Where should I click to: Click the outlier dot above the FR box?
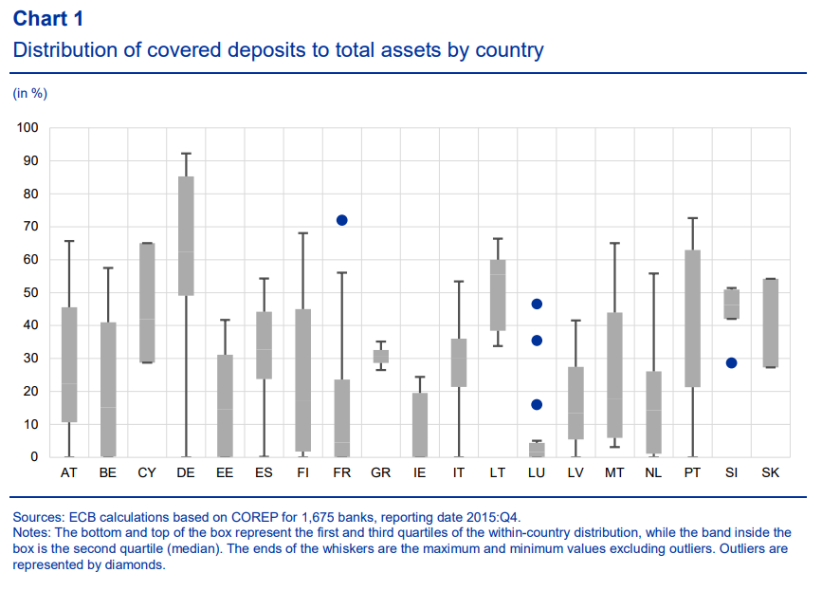342,220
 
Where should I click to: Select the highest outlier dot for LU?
537,305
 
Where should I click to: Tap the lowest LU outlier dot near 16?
537,404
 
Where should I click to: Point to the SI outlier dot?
731,363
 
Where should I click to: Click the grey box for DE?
186,236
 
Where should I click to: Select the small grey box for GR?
381,357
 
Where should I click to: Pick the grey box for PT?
692,319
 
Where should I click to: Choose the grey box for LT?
498,295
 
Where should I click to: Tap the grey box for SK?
770,323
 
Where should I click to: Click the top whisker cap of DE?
186,154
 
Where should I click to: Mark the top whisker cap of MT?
614,243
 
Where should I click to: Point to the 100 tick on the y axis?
27,127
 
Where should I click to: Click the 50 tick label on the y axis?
31,292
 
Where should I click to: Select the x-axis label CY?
147,473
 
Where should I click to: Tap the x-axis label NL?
653,473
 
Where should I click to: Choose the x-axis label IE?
419,473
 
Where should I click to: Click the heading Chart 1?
48,19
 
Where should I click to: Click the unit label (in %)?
30,93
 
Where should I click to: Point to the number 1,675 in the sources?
320,518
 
